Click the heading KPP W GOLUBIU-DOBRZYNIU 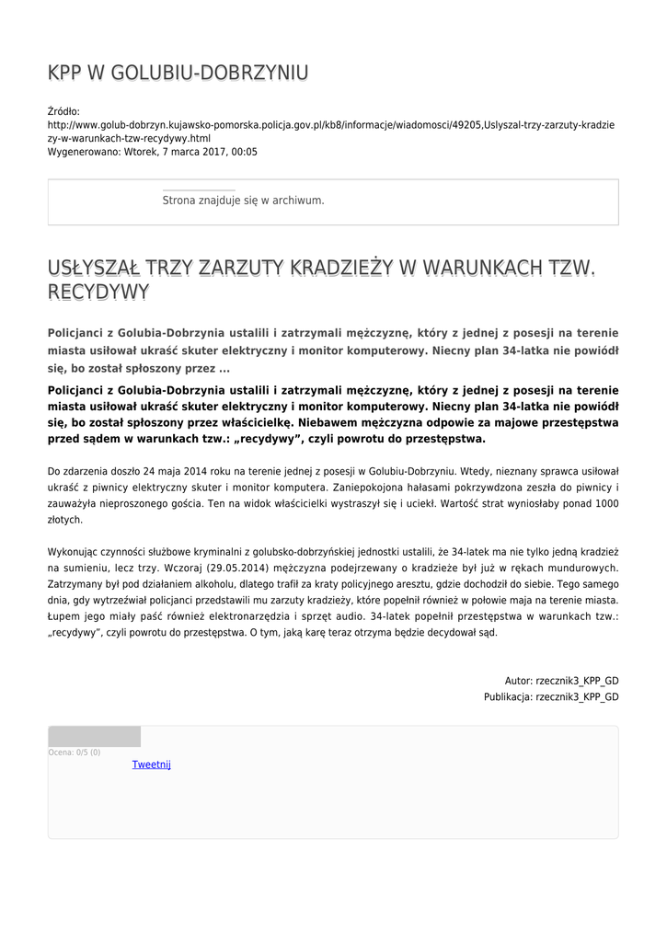click(178, 74)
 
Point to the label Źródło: click(63, 110)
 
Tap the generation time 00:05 click(245, 152)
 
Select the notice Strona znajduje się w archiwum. click(243, 200)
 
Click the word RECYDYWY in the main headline click(98, 293)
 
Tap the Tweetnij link click(151, 764)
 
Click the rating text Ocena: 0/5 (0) click(75, 752)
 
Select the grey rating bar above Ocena click(94, 736)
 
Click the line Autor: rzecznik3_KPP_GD click(561, 681)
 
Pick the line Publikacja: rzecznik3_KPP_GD click(551, 697)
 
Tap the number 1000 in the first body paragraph click(606, 503)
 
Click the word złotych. click(65, 520)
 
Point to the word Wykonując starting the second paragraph click(75, 552)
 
